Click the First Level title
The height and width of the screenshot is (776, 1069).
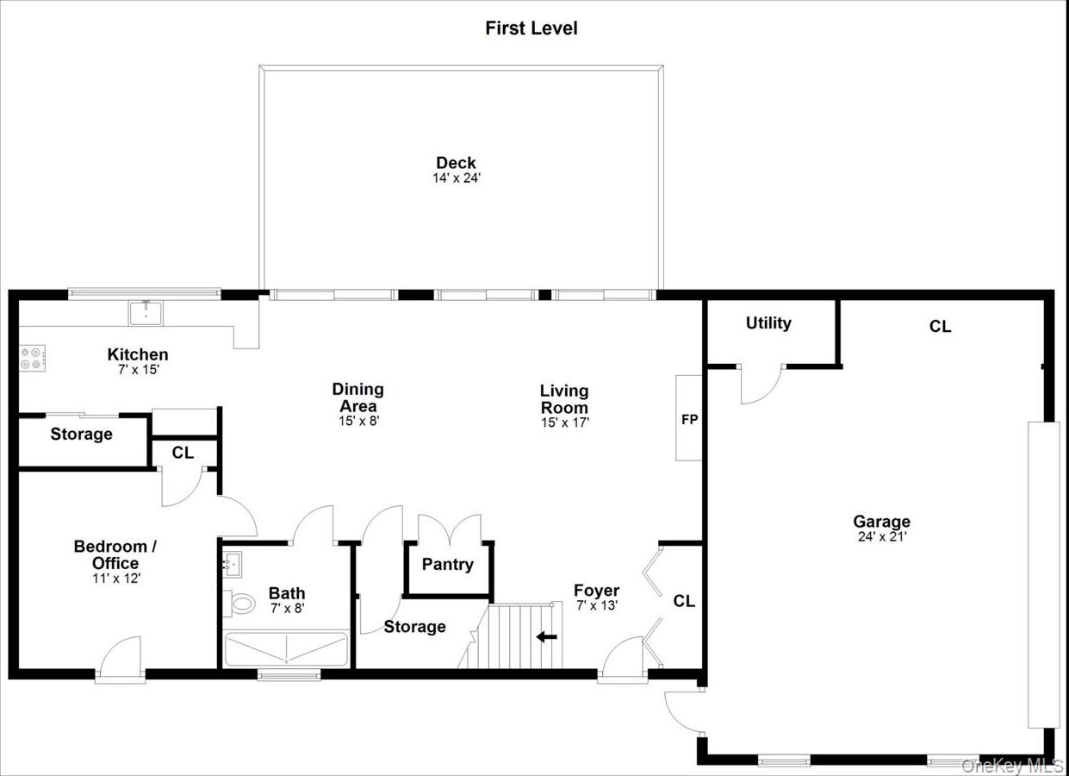coord(531,28)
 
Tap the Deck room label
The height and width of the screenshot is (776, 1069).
coord(456,163)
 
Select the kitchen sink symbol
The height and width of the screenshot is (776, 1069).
coord(146,312)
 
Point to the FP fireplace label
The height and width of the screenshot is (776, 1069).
coord(689,420)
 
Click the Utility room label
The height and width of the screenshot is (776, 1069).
coord(768,323)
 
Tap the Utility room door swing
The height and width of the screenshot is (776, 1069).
coord(760,385)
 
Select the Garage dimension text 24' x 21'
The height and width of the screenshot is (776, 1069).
coord(881,536)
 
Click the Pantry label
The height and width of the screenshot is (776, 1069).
coord(447,565)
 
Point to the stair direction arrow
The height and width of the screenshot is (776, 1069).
coord(546,637)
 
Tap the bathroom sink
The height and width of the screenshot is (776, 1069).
coord(232,566)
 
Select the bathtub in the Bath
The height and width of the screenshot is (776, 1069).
coord(286,649)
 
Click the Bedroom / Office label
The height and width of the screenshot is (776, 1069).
coord(115,554)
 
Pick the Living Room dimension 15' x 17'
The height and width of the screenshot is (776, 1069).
coord(564,422)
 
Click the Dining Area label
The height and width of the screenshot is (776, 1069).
coord(357,397)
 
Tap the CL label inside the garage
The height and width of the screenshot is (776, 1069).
coord(940,327)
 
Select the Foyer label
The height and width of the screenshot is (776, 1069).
coord(596,591)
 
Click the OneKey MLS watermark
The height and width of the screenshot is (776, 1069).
coord(1012,766)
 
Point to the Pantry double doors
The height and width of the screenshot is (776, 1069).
coord(450,528)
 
